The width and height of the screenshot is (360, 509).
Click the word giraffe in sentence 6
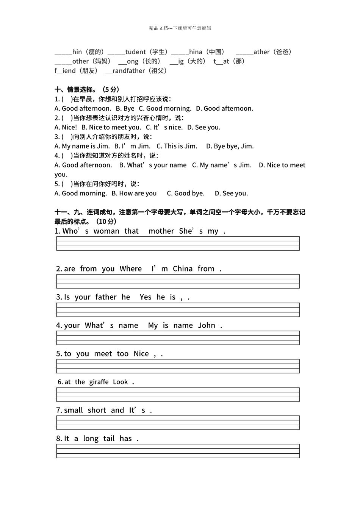99,382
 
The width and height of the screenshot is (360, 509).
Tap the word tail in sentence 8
109,439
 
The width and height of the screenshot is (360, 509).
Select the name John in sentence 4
207,325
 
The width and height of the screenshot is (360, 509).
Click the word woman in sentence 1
106,231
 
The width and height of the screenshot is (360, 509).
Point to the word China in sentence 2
183,269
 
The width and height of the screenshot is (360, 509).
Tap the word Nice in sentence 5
141,354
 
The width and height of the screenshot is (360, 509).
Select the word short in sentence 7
97,410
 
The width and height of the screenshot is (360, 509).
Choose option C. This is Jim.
177,146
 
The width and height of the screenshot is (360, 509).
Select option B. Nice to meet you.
111,127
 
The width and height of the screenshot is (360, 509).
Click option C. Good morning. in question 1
165,108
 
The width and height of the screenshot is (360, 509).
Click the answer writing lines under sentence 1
178,244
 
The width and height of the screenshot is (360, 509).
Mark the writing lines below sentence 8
178,451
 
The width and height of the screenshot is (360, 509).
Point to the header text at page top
180,28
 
